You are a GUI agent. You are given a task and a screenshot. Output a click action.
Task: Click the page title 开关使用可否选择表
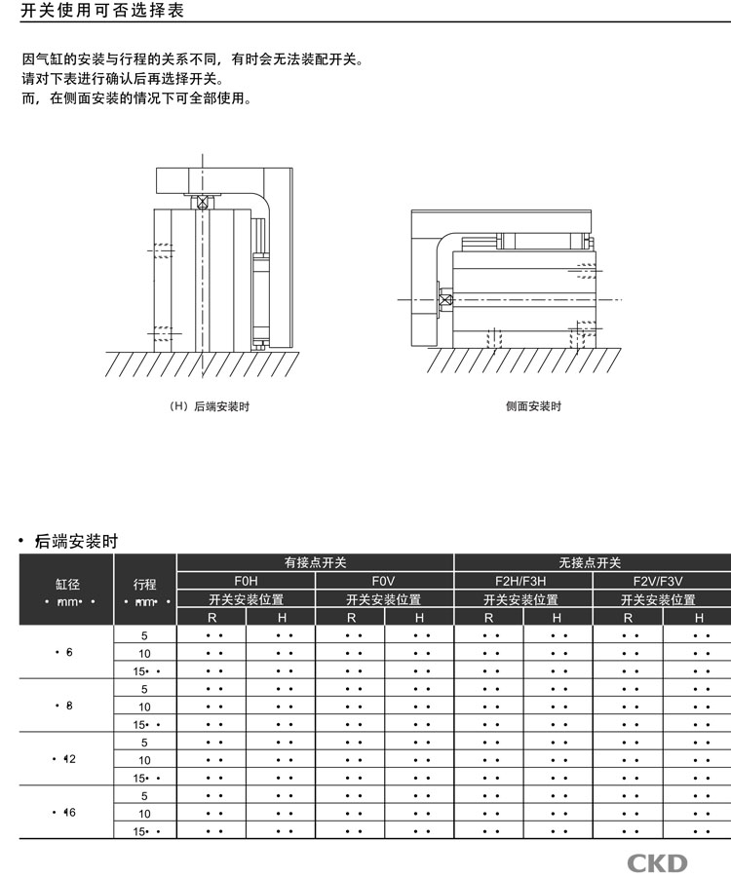pos(102,12)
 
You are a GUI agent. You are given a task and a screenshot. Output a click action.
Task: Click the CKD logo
pos(657,861)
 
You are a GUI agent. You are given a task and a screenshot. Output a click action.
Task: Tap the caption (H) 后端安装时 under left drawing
pos(210,406)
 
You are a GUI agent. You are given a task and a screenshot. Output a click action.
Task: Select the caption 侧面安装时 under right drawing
pos(533,406)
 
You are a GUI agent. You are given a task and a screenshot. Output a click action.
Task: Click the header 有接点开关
pos(315,562)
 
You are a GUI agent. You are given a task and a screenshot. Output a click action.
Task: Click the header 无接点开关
pos(592,562)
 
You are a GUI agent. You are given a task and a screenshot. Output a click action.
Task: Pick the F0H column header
pos(246,581)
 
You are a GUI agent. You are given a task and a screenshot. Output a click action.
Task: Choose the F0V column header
pos(384,581)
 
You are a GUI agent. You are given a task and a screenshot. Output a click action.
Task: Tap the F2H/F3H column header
pos(521,581)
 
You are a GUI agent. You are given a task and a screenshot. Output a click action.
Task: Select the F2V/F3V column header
pos(659,581)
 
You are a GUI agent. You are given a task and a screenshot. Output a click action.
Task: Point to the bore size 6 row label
pos(67,652)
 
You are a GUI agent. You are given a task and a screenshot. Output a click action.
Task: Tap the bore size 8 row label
pos(67,706)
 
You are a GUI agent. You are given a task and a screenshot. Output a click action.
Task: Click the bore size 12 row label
pos(67,759)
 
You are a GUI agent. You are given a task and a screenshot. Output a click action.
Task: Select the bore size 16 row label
pos(67,812)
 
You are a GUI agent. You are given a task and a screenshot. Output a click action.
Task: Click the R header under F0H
pos(212,617)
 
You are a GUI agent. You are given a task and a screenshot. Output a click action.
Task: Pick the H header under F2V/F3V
pos(698,617)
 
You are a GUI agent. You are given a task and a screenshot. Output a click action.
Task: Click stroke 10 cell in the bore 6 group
pos(145,653)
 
